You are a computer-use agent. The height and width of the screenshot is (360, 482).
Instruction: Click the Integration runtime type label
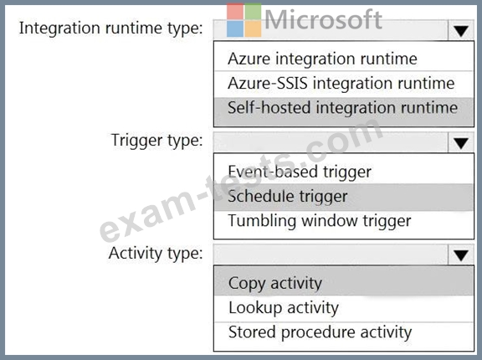pos(111,28)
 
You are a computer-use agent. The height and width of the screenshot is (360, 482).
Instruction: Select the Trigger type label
pos(156,141)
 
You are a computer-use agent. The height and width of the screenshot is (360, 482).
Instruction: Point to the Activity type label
pos(156,254)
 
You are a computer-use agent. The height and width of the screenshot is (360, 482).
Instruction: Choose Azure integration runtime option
pos(322,59)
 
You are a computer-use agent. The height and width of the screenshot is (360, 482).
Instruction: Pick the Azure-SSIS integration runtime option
pos(341,84)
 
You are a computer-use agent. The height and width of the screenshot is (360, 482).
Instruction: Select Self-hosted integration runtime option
pos(343,108)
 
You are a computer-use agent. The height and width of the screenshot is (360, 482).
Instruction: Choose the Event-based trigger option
pos(300,172)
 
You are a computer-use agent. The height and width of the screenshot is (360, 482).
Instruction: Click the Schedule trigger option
pos(288,197)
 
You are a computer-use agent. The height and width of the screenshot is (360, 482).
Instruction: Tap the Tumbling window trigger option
pos(320,221)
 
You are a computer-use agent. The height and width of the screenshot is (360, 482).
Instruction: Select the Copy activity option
pos(275,284)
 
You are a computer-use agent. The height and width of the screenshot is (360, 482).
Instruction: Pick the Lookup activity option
pos(284,308)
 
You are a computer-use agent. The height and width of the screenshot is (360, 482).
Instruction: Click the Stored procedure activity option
pos(320,332)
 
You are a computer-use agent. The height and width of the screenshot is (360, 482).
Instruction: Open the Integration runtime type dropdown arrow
pos(460,30)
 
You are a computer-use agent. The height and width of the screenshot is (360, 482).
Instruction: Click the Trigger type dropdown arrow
pos(460,143)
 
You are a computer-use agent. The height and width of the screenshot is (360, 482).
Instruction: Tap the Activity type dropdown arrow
pos(460,255)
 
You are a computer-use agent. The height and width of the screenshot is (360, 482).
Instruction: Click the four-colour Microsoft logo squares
pos(244,20)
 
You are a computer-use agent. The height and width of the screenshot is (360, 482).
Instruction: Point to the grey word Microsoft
pos(323,20)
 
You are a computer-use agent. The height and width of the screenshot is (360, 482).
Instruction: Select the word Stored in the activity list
pos(252,332)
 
